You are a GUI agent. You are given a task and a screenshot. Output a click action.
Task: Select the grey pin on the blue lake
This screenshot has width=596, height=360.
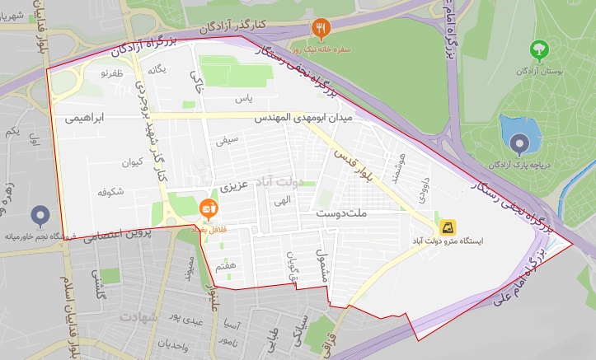[x=519, y=145]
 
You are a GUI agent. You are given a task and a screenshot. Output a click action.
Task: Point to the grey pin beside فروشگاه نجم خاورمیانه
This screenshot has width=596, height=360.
[x=40, y=217]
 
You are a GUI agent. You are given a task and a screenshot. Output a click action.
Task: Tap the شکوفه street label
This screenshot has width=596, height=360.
[x=110, y=193]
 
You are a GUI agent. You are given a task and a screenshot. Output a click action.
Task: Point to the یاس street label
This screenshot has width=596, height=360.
[x=242, y=99]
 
